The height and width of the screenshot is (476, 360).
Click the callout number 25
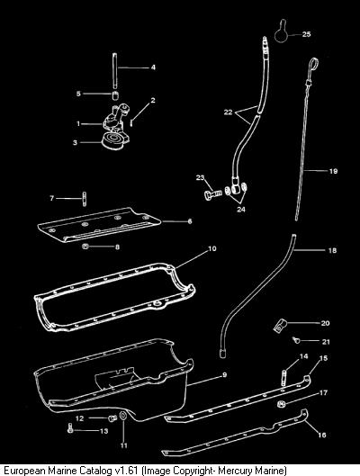click(307, 34)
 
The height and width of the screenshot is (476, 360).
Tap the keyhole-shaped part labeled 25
click(282, 33)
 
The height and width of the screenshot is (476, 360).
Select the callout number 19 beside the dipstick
click(333, 171)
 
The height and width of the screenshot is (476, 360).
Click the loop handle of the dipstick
click(313, 66)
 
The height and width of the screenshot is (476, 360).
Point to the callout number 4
click(153, 67)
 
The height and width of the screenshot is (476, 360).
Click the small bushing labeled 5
click(115, 95)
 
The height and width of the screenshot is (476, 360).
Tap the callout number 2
click(153, 100)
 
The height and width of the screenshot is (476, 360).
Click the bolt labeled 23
click(212, 193)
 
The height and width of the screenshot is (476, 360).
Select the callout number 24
click(241, 210)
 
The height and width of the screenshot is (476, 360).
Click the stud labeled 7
click(85, 199)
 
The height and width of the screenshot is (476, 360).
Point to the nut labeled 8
click(85, 247)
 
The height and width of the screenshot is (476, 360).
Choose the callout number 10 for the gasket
click(212, 248)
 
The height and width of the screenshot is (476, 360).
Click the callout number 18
click(332, 250)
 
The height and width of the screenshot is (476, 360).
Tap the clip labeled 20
click(279, 326)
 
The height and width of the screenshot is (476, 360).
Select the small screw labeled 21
click(296, 340)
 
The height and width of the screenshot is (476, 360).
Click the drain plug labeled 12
click(112, 418)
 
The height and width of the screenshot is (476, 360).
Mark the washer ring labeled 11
click(123, 416)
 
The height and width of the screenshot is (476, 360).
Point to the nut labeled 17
click(280, 404)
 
